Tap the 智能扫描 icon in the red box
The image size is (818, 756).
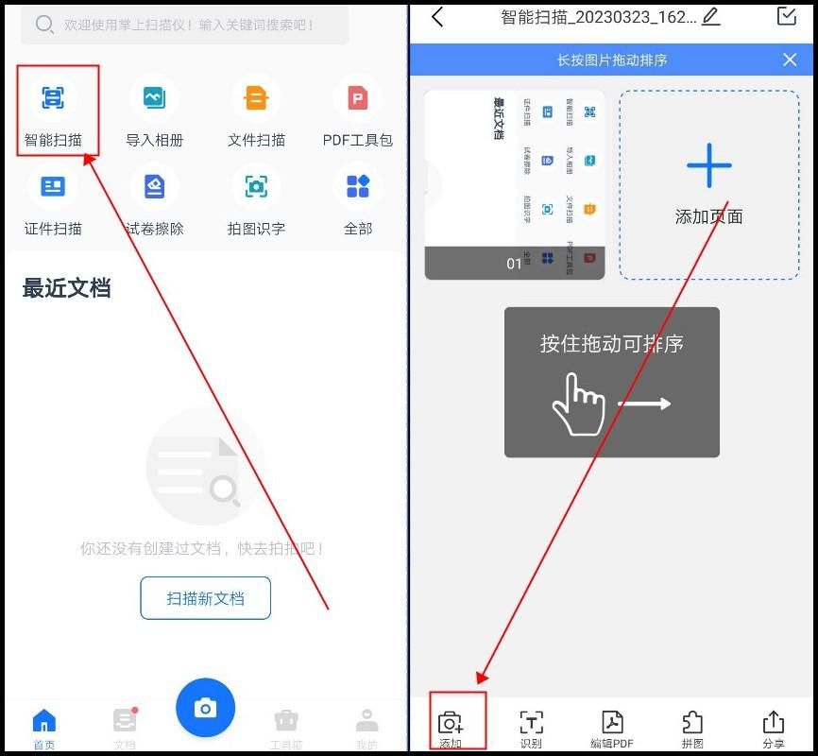tap(53, 97)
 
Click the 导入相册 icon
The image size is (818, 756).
tap(154, 97)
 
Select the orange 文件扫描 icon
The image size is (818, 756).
tap(256, 97)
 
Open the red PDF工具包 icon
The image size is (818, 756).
tap(358, 97)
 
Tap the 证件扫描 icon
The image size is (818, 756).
tap(53, 186)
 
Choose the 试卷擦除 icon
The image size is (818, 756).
tap(154, 186)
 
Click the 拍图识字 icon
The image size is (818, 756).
tap(256, 186)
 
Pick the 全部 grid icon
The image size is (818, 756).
tap(358, 186)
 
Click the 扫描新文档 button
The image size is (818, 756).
tap(206, 598)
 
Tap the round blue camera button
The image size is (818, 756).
tap(205, 708)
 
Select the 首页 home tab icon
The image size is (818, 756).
tap(44, 722)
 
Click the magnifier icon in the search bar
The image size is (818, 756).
tap(44, 25)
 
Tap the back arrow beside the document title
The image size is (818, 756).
tap(437, 16)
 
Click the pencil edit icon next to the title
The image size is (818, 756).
tap(711, 15)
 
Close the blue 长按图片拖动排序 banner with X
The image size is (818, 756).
tap(790, 60)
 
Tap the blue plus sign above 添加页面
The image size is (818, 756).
tap(709, 166)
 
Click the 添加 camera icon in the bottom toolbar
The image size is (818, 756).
tap(451, 723)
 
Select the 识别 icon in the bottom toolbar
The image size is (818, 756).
tap(532, 723)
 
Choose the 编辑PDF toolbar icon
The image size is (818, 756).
tap(612, 723)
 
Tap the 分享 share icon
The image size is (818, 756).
tap(774, 723)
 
